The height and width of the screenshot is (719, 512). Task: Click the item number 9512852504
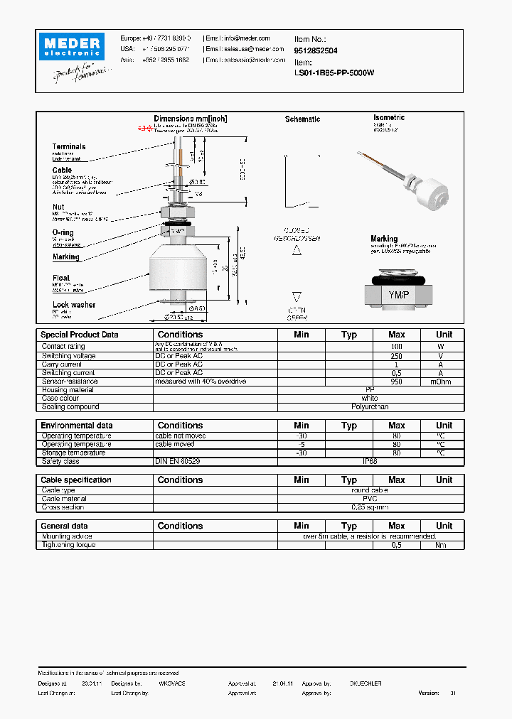click(316, 51)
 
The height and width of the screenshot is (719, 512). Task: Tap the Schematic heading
click(302, 119)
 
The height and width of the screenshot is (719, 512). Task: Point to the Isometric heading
click(389, 117)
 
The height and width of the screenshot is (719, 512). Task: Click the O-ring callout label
click(63, 233)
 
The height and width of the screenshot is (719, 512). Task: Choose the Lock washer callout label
click(73, 305)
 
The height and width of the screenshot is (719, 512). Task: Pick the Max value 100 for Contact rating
click(396, 347)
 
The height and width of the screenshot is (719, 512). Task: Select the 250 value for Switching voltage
click(396, 356)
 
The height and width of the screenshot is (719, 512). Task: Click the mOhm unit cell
click(441, 382)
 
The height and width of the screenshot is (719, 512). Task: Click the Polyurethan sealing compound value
click(370, 407)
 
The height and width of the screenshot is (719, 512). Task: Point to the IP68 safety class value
click(370, 461)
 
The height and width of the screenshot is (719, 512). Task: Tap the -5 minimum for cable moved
click(301, 444)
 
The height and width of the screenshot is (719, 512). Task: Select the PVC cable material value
click(370, 499)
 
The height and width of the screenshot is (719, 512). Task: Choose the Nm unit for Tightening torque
click(441, 545)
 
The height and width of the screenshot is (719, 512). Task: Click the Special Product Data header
click(80, 335)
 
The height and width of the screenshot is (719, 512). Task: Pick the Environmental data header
click(76, 426)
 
